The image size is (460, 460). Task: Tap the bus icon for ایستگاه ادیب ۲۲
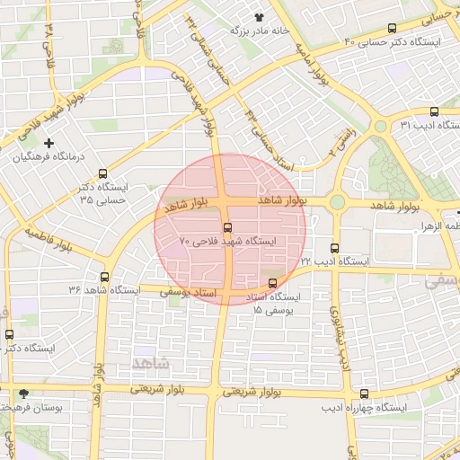[335, 248]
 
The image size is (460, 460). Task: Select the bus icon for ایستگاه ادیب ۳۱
[435, 112]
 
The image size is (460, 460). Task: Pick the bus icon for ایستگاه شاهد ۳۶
[106, 277]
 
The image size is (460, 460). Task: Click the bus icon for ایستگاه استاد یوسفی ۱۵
[273, 284]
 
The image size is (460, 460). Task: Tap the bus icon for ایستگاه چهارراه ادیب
[364, 394]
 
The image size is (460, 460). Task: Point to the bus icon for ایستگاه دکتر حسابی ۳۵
[102, 173]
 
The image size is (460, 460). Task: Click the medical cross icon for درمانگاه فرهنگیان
[49, 143]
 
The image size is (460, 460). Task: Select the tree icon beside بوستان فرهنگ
[23, 394]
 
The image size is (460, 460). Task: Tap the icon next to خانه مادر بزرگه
[261, 16]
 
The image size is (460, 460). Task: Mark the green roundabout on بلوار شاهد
[337, 203]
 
